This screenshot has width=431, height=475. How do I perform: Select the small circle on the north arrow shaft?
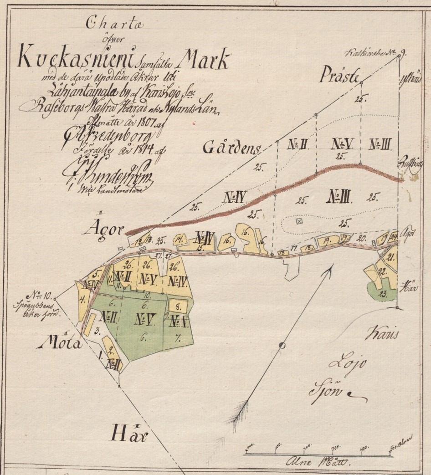pos(282,345)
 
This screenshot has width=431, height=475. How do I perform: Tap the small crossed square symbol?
pos(299,221)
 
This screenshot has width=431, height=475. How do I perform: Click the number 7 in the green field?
pos(178,338)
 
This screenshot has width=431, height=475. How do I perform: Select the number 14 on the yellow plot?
pos(180,239)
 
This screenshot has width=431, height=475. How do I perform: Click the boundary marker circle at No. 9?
pos(399,56)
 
